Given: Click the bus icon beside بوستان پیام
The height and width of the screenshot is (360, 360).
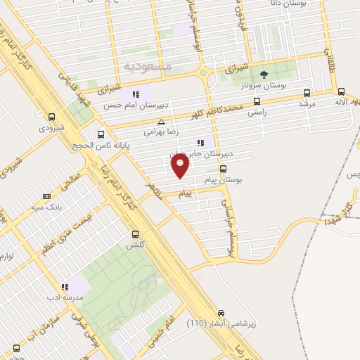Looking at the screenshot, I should [223, 169].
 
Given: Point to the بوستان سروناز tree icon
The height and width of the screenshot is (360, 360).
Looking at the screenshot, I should [264, 73].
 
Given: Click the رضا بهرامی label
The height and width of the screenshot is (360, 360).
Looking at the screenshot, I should [160, 131].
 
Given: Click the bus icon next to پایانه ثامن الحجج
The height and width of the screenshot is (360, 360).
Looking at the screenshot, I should [101, 134].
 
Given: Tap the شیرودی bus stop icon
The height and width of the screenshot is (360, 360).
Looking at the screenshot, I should [51, 117].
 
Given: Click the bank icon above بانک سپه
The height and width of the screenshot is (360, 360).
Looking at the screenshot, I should [47, 197].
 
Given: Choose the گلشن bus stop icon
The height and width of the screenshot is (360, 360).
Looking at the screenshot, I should [134, 235].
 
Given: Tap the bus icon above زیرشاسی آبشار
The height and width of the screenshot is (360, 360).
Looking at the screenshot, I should [221, 312].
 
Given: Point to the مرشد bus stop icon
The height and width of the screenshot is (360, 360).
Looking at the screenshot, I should [307, 92].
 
